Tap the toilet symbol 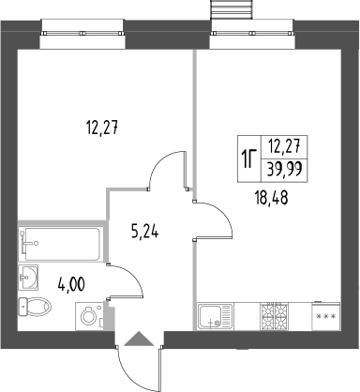pos(35,307)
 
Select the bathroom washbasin pos(28,277)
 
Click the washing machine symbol pos(90,316)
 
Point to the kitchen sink pos(215,316)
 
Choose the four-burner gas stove pos(275,315)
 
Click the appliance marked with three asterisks pos(325,316)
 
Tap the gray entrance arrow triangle pos(139,339)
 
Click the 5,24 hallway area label pos(144,233)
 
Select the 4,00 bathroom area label pos(71,285)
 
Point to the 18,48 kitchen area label pos(271,198)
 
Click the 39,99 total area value pos(284,171)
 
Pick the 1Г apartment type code pos(248,158)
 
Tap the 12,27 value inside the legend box pos(284,145)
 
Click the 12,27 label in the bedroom pos(102,128)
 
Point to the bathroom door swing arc pos(132,275)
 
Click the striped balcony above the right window pos(232,10)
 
